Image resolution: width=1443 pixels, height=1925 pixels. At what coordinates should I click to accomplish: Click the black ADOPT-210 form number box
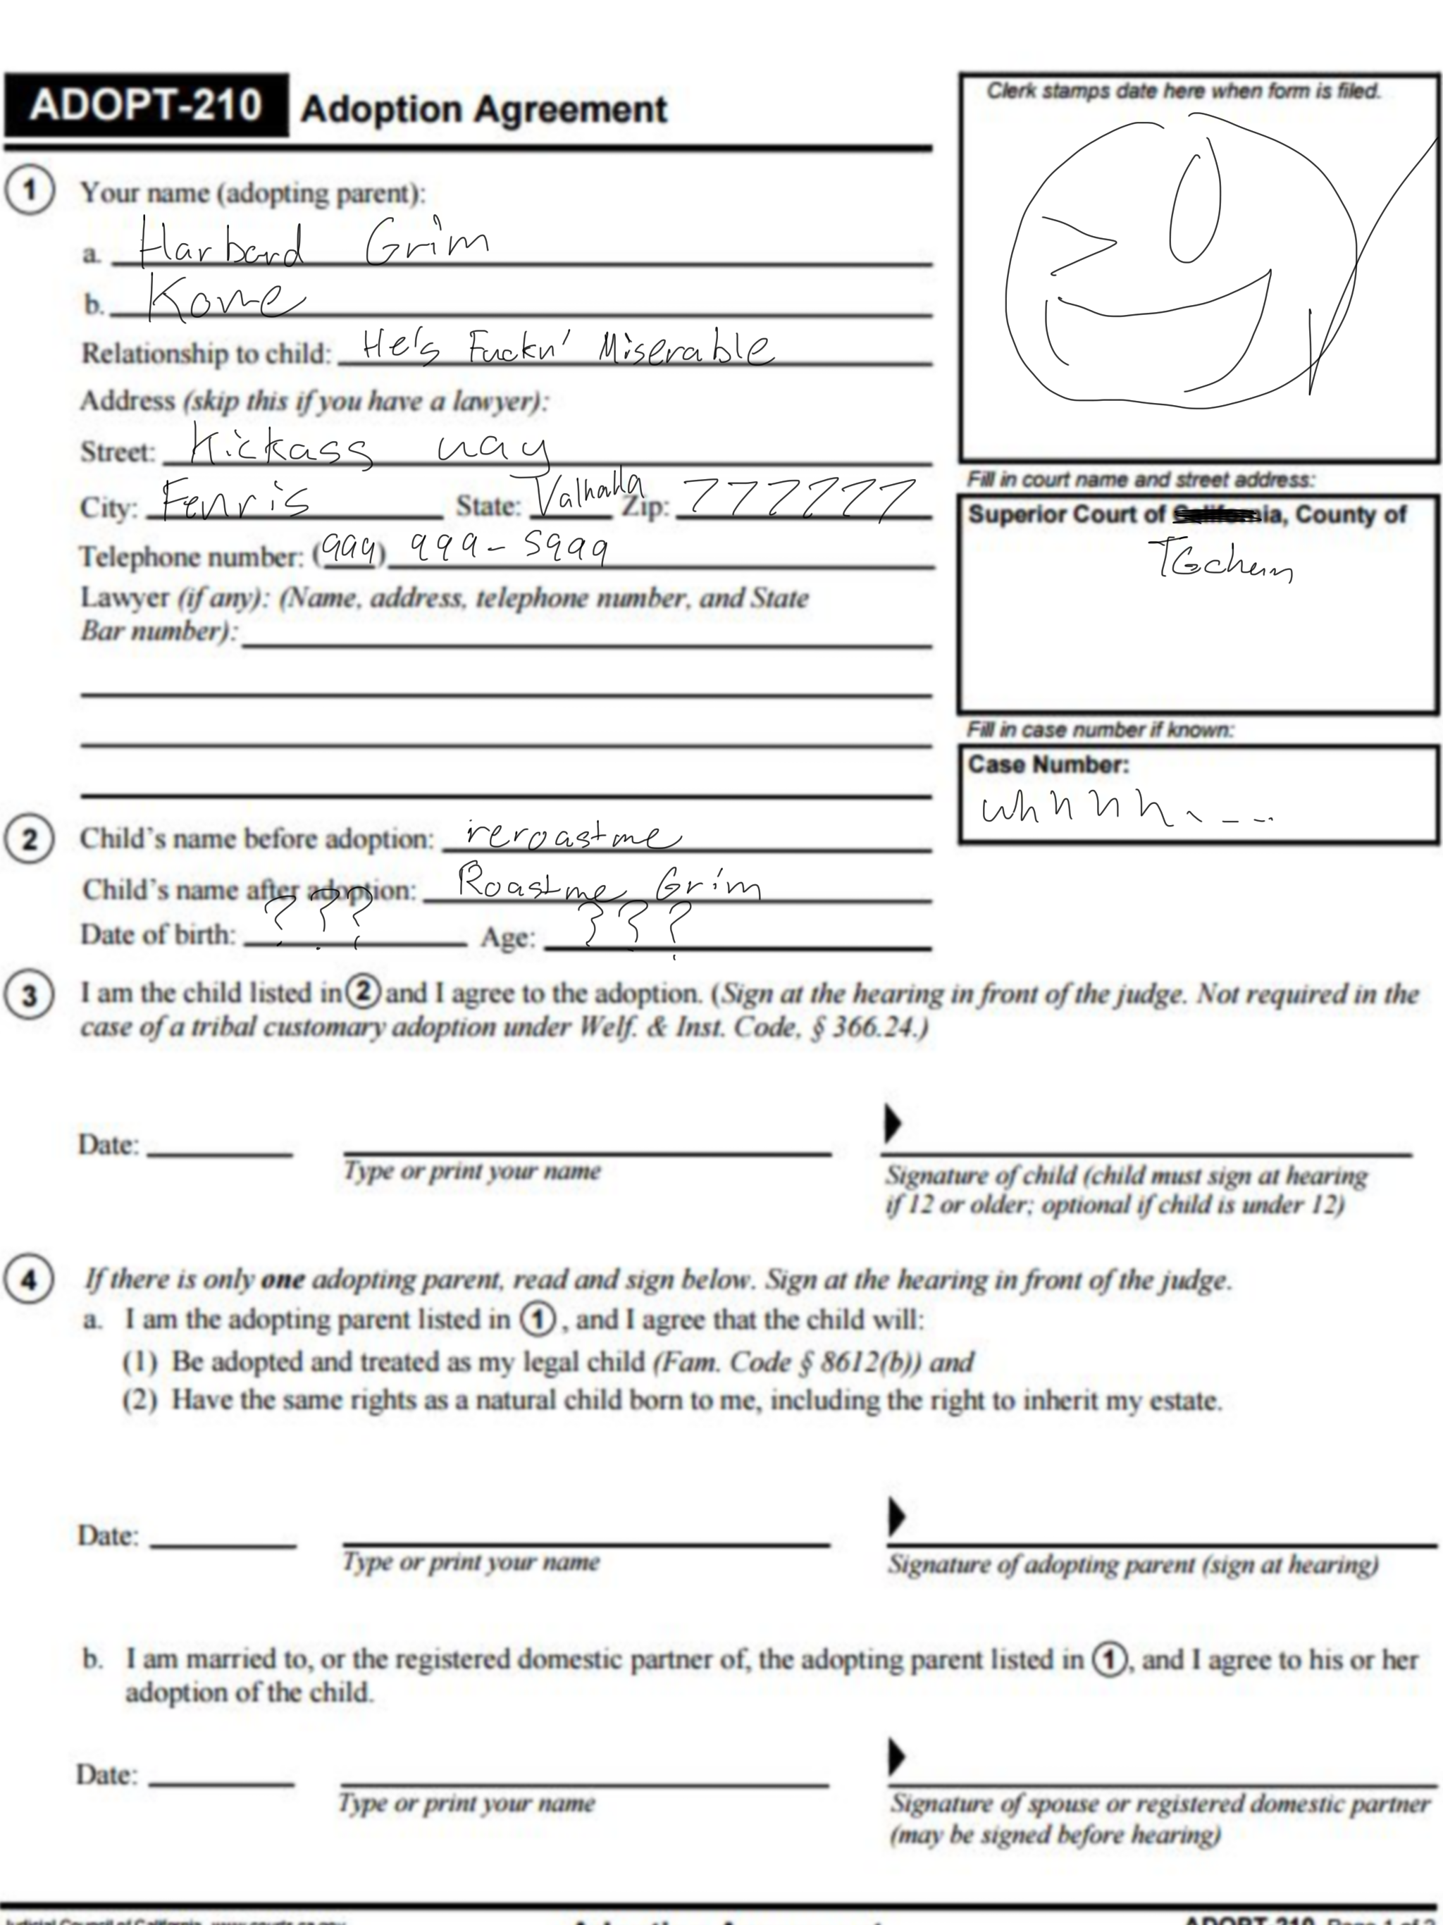point(145,105)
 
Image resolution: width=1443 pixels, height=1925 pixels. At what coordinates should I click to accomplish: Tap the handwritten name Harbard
point(221,245)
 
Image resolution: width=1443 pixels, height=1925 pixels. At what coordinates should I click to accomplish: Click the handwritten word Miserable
point(684,347)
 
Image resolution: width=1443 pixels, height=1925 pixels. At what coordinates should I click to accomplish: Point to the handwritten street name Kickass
point(280,447)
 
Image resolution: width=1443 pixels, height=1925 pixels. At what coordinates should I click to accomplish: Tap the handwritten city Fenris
point(235,500)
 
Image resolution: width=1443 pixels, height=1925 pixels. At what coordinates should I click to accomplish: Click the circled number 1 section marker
point(30,190)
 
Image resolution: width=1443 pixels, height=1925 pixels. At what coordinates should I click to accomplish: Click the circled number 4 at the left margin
point(29,1280)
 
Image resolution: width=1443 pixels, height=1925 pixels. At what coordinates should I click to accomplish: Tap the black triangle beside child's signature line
point(892,1122)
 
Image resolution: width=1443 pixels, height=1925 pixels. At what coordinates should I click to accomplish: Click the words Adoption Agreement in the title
point(483,110)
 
